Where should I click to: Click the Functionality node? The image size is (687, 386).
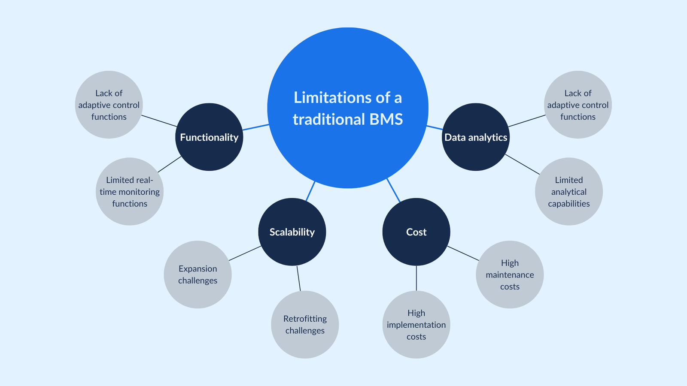(209, 137)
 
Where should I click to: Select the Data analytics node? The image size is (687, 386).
(476, 137)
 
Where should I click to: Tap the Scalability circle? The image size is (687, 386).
(292, 232)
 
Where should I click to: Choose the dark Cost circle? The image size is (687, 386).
(416, 232)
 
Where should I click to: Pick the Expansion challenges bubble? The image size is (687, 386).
(198, 274)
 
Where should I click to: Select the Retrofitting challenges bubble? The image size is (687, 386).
(305, 325)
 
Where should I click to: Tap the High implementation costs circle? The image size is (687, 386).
(416, 325)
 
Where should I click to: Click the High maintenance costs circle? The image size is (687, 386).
(510, 274)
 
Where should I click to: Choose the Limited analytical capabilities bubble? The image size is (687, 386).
(568, 192)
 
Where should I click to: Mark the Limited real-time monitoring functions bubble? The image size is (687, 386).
(130, 192)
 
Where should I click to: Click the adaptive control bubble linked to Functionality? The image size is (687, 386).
(109, 105)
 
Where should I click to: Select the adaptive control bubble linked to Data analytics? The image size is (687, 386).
(578, 105)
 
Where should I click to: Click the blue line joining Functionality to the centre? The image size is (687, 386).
(255, 127)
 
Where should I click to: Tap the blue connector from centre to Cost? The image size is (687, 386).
(393, 190)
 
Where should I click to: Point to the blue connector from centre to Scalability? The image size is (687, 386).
(310, 191)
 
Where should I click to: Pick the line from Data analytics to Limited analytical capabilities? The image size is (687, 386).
(522, 164)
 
